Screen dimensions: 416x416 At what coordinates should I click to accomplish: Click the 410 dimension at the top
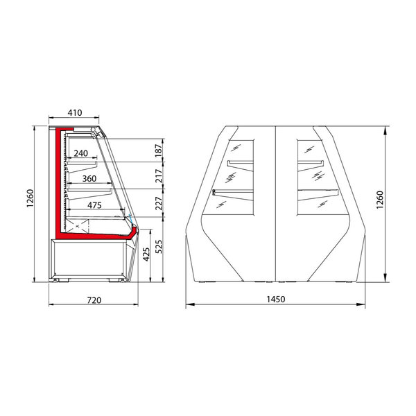point(75,112)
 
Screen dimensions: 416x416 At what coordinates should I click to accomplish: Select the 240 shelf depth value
point(80,153)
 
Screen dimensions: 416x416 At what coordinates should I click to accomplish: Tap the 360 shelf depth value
point(89,179)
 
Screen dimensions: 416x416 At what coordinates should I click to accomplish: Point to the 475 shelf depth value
point(96,205)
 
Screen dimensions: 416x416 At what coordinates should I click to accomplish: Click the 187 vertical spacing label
point(158,150)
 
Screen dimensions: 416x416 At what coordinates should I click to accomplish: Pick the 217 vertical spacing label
point(158,176)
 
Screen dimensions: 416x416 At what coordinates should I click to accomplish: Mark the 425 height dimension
point(146,256)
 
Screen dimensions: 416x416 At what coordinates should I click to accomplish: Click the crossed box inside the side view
point(78,225)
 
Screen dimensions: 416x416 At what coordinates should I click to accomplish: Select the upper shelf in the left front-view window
point(239,164)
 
